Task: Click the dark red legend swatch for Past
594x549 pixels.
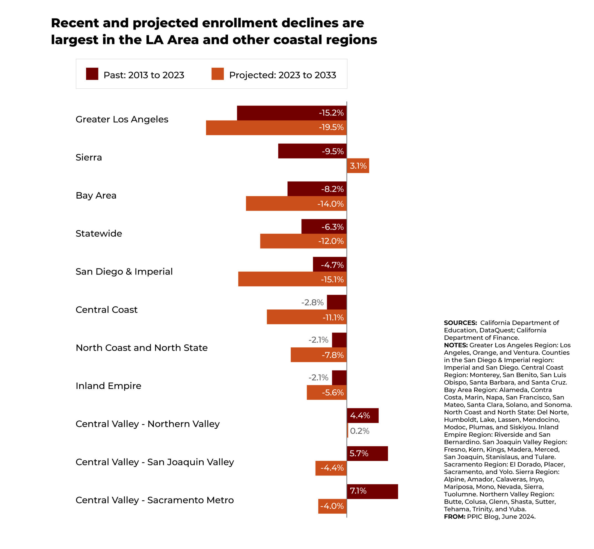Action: pyautogui.click(x=92, y=74)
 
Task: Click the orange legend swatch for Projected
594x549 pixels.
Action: pyautogui.click(x=217, y=74)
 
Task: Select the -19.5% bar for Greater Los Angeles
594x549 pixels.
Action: pyautogui.click(x=276, y=128)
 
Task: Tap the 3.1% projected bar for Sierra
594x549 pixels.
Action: pyautogui.click(x=358, y=166)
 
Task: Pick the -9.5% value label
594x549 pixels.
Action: pyautogui.click(x=333, y=152)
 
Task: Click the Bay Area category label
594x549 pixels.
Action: pyautogui.click(x=96, y=196)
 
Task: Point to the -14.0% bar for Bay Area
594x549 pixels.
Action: pyautogui.click(x=296, y=204)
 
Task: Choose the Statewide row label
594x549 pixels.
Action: pyautogui.click(x=99, y=234)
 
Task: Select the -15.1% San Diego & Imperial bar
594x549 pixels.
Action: pyautogui.click(x=292, y=279)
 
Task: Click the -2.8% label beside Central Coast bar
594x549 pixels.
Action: pyautogui.click(x=312, y=302)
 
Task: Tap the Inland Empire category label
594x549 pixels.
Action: pyautogui.click(x=108, y=386)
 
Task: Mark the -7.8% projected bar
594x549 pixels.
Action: pyautogui.click(x=318, y=355)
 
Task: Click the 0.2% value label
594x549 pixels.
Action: pyautogui.click(x=359, y=431)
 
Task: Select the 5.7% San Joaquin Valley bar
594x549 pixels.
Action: pyautogui.click(x=367, y=454)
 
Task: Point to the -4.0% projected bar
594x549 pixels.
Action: pyautogui.click(x=332, y=506)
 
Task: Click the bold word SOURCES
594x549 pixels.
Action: pyautogui.click(x=460, y=323)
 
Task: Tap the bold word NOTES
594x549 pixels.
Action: pyautogui.click(x=456, y=345)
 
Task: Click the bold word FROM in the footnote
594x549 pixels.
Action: pyautogui.click(x=454, y=517)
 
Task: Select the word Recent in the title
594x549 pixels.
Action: pyautogui.click(x=75, y=23)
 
